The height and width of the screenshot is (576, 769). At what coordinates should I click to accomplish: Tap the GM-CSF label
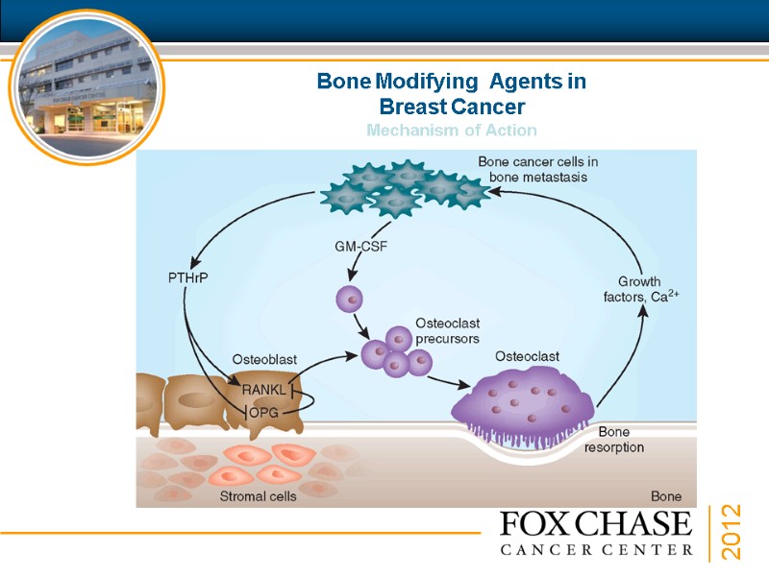pos(360,246)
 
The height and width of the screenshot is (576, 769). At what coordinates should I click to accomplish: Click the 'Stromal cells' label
pos(258,496)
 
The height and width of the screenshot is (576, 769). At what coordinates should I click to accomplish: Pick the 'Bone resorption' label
pos(614,440)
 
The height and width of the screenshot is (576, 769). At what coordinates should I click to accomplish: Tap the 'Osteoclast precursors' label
pos(447,331)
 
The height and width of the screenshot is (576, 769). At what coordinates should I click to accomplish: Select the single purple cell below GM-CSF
pos(349,299)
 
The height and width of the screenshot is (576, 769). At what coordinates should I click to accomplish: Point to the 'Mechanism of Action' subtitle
pos(451,130)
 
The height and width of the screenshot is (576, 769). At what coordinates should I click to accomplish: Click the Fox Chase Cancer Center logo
pos(596,533)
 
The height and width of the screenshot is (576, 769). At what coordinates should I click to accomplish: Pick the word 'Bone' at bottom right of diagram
pos(666,496)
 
